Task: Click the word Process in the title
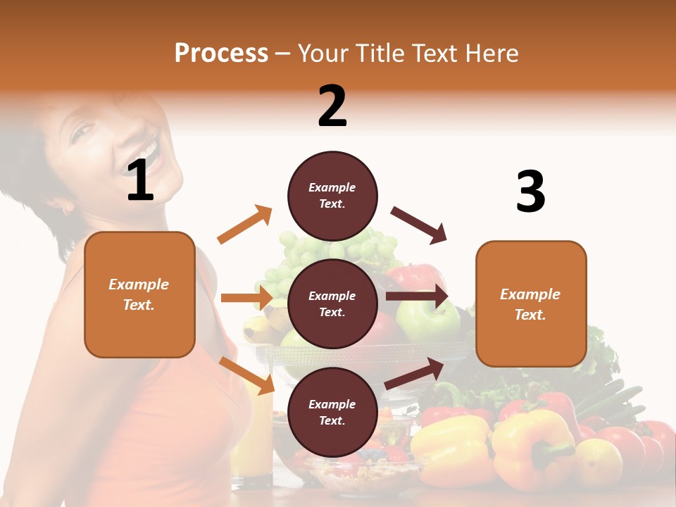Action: click(221, 54)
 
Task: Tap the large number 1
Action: click(140, 180)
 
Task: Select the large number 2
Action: click(332, 106)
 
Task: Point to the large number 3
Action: click(530, 192)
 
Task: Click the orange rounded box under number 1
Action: click(139, 294)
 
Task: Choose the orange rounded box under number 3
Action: click(531, 304)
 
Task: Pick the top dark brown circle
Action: click(332, 196)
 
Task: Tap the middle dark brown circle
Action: click(332, 303)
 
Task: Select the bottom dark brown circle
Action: click(332, 412)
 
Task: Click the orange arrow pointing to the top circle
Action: click(245, 225)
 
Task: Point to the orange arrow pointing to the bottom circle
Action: click(246, 375)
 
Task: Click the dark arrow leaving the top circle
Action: click(419, 225)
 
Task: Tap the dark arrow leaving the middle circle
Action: click(416, 296)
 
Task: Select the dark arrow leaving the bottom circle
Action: click(414, 374)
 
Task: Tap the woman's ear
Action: click(67, 208)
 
